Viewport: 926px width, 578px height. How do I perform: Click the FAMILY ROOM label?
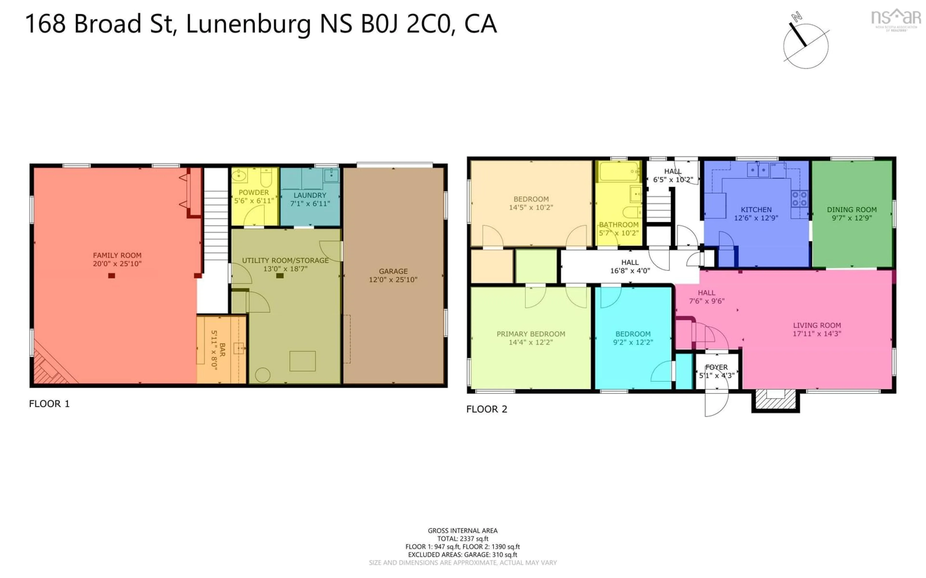(117, 255)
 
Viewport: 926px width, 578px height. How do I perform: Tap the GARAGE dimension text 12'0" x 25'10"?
(393, 279)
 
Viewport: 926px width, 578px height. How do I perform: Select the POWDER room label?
(254, 192)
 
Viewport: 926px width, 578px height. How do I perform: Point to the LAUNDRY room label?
(310, 195)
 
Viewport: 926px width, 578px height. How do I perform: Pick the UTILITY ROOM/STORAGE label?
(285, 260)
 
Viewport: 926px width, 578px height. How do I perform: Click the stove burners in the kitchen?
(799, 199)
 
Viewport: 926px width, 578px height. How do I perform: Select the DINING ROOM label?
(851, 210)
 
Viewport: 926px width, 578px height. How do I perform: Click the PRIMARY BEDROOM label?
(531, 334)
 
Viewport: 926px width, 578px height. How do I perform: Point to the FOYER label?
(716, 367)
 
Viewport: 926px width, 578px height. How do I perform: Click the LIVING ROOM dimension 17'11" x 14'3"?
(817, 333)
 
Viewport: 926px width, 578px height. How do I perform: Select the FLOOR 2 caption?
(486, 409)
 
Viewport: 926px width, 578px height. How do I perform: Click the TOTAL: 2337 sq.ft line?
(463, 539)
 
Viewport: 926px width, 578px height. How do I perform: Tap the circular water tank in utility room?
(263, 375)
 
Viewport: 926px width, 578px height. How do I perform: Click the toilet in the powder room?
(266, 177)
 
